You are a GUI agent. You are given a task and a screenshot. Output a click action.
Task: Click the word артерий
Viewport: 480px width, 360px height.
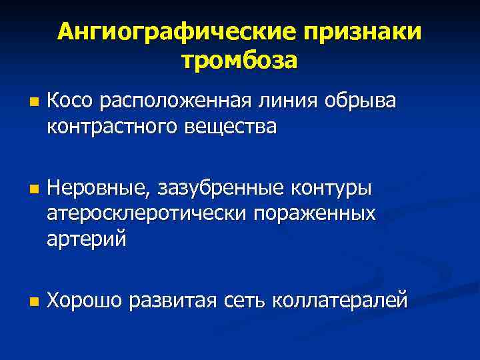86,238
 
